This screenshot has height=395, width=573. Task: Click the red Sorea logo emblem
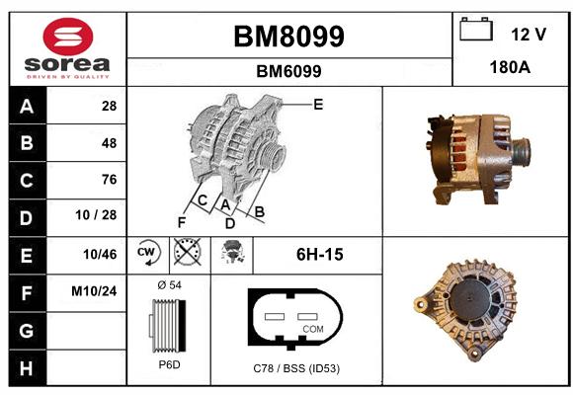[x=68, y=37]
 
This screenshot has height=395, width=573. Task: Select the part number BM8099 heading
[x=288, y=37]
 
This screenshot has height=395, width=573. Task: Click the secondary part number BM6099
[x=288, y=71]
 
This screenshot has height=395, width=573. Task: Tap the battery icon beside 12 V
[x=476, y=29]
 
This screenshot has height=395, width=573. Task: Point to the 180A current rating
[x=510, y=67]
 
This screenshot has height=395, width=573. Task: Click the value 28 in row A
[x=109, y=106]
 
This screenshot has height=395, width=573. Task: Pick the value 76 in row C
[x=109, y=180]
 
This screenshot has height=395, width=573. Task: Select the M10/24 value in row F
[x=94, y=291]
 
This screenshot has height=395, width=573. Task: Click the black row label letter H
[x=27, y=368]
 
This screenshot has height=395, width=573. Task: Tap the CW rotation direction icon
[x=148, y=253]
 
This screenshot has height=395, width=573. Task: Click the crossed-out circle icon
[x=188, y=252]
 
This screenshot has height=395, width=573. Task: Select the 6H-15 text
[x=320, y=255]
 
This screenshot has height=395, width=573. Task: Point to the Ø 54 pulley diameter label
[x=170, y=285]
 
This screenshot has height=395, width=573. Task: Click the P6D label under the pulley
[x=170, y=364]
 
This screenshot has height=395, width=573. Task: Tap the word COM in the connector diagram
[x=313, y=329]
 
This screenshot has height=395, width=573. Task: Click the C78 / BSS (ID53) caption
[x=296, y=368]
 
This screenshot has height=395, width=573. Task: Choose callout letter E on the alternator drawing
[x=318, y=105]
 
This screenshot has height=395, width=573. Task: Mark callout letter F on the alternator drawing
[x=181, y=222]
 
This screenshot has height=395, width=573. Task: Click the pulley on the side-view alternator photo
[x=521, y=152]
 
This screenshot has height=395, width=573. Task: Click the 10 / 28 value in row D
[x=96, y=215]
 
